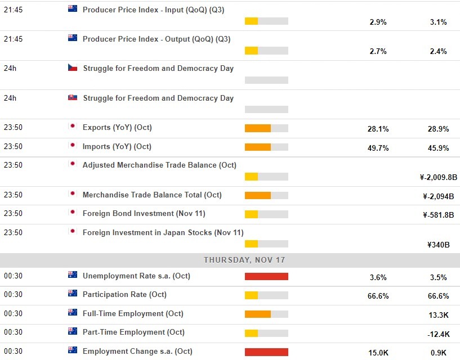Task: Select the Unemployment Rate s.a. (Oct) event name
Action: coord(137,276)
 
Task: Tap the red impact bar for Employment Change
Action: coord(266,352)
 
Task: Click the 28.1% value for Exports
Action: coord(378,129)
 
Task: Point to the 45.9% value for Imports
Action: coord(438,148)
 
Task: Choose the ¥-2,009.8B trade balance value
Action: coord(438,177)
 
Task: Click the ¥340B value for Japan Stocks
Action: coord(438,245)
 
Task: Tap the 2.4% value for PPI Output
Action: coord(438,51)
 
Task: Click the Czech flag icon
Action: coord(73,68)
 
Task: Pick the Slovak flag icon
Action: coord(73,98)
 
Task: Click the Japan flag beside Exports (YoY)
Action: coord(73,127)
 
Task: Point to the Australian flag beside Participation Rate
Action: coord(73,294)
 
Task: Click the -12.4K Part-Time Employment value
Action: coord(438,335)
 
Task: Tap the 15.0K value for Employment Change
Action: coord(378,353)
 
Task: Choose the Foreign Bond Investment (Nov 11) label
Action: coord(144,213)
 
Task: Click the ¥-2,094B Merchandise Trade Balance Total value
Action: coord(438,196)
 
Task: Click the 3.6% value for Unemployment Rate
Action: coord(378,277)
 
